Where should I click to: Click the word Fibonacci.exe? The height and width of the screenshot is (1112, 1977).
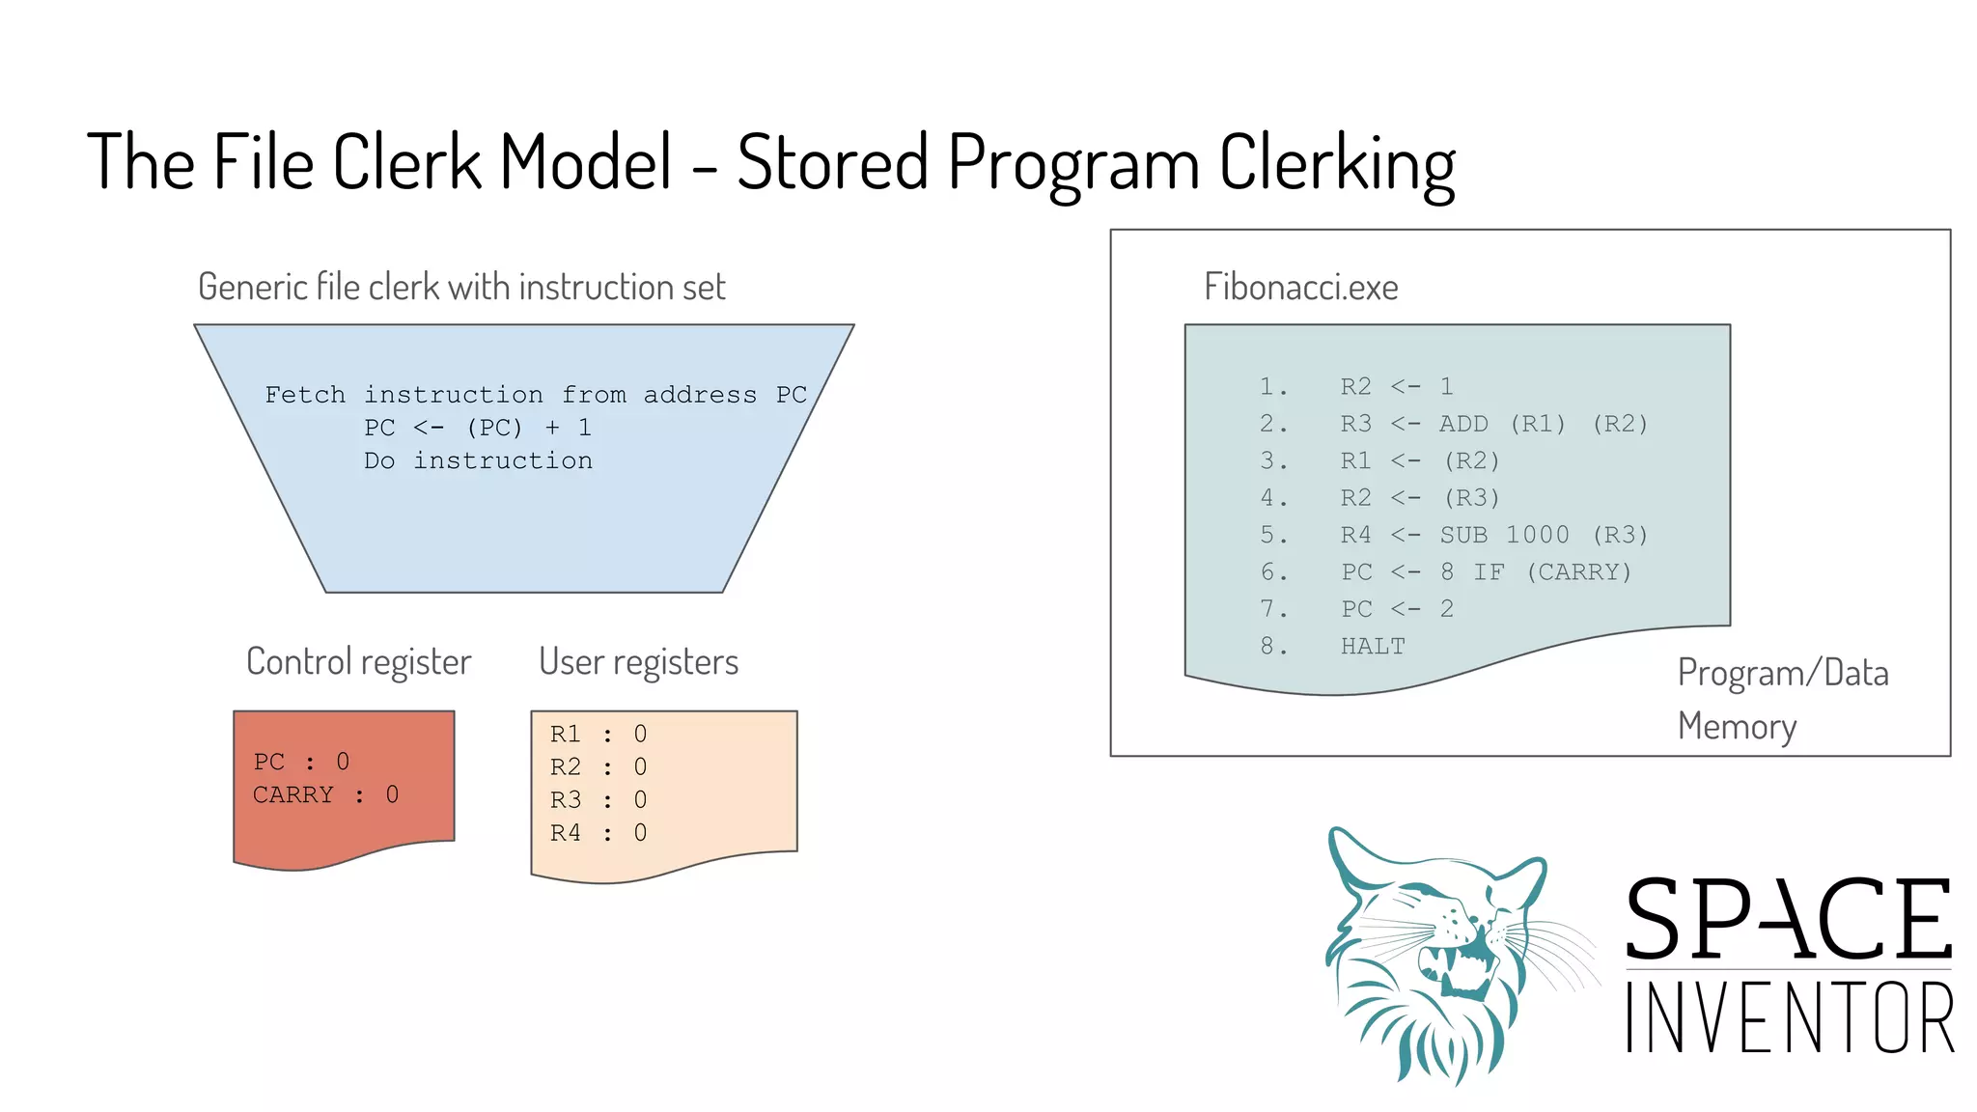click(1300, 288)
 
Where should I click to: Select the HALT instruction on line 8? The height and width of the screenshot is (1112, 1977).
click(1373, 647)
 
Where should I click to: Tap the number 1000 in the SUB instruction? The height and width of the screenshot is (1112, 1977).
click(1537, 535)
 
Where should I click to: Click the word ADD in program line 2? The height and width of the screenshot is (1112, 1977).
click(1463, 424)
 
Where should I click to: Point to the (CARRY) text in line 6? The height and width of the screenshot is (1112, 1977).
click(1579, 572)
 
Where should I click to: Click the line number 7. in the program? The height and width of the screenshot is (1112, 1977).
click(1273, 609)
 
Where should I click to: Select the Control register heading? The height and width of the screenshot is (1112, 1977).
click(358, 662)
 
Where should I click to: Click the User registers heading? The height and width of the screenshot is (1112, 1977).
click(638, 662)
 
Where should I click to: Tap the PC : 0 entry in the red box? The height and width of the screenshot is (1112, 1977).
click(301, 762)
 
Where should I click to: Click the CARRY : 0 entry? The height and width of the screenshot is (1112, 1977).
click(325, 794)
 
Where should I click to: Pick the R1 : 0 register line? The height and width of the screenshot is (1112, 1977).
click(598, 735)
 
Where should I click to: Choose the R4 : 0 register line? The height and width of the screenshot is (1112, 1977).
click(598, 833)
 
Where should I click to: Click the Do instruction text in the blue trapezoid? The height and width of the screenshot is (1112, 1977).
click(478, 461)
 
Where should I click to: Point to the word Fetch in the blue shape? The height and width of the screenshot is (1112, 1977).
click(305, 395)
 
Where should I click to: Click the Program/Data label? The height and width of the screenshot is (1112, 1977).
click(1782, 674)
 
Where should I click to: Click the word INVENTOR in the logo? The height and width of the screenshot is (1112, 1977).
click(1789, 1018)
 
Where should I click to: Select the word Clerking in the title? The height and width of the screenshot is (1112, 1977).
click(1336, 164)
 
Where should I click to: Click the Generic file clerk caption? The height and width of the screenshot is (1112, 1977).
click(461, 288)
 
